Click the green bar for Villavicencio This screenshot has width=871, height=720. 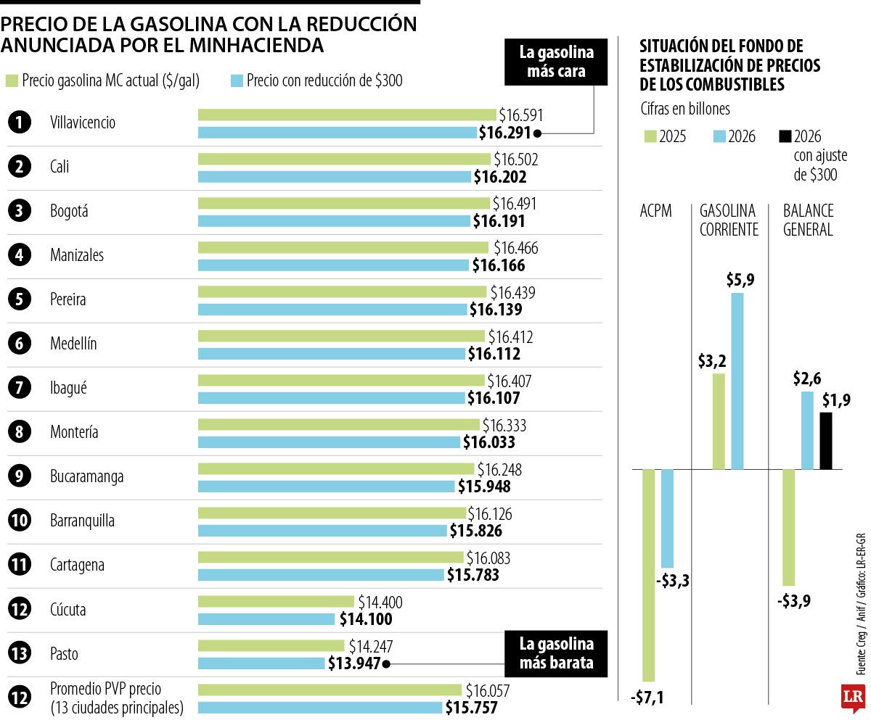347,115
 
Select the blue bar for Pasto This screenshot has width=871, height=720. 261,663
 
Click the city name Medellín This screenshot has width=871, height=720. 74,344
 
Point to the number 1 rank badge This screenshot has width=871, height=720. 20,123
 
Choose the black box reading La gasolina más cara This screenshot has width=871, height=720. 557,62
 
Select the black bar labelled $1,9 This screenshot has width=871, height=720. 826,441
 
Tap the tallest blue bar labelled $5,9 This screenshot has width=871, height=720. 737,381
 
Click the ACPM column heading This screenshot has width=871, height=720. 655,211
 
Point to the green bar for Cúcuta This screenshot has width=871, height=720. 276,601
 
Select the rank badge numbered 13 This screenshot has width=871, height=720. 20,654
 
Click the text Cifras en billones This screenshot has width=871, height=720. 685,109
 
